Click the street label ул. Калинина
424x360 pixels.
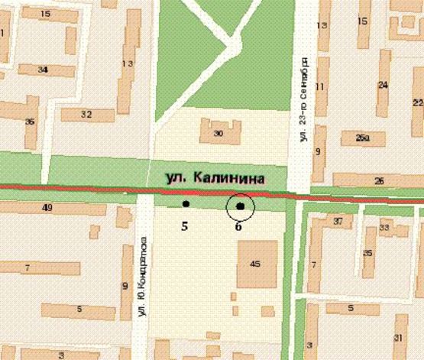point(216,177)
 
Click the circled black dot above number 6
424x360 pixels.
point(240,206)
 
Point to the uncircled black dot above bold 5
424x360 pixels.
point(186,204)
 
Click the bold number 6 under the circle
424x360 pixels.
point(238,226)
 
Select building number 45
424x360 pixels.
point(255,264)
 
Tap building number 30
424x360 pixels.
point(218,133)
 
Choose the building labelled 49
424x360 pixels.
point(47,208)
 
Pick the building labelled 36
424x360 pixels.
point(31,122)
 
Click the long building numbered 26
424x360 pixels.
point(378,181)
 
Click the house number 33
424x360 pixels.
point(384,228)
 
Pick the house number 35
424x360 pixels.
point(367,252)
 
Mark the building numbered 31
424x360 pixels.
point(398,337)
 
